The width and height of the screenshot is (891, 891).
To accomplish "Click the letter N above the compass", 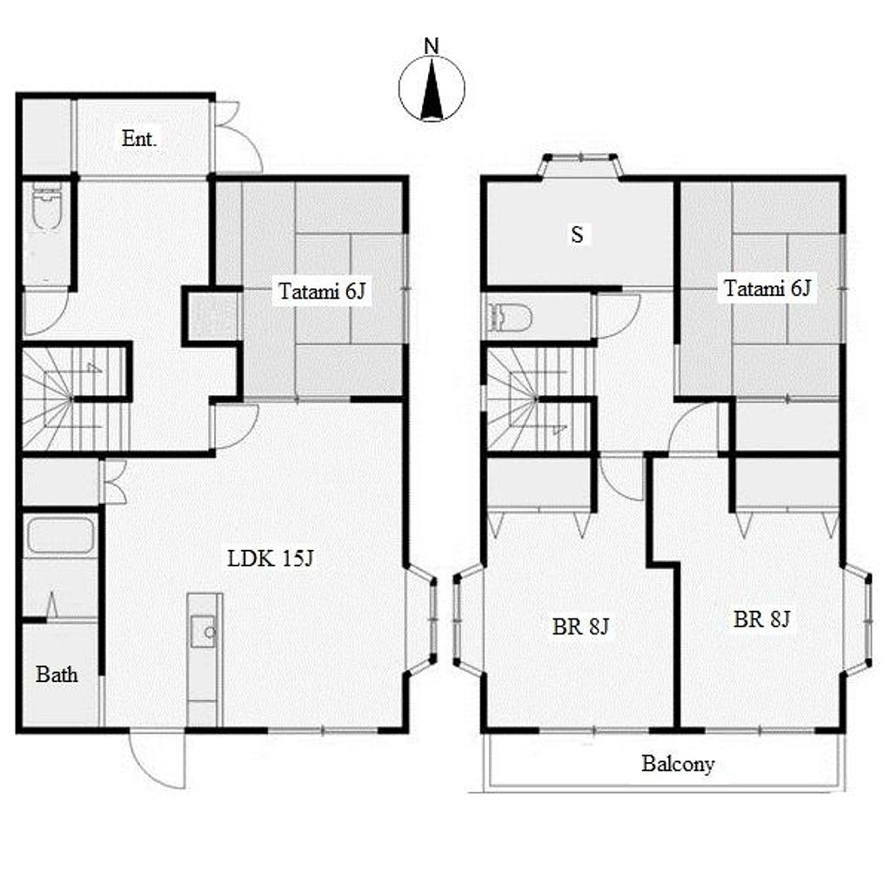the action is coord(432,46).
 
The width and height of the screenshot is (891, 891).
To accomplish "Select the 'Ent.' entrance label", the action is coord(139,138).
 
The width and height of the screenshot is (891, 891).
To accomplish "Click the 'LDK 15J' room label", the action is coord(271,559).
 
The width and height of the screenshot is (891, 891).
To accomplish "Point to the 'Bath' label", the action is coord(57,674).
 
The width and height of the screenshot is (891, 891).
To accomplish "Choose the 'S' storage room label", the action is coord(577,234).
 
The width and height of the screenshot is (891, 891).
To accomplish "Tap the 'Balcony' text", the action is coord(678,764).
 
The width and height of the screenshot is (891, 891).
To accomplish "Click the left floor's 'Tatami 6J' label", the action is coord(322,291).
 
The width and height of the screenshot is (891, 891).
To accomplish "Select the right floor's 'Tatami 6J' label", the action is coord(767,288).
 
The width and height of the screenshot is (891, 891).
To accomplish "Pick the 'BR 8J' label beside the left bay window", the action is coord(580,626).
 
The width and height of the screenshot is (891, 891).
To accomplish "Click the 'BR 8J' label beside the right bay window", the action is coord(761,619).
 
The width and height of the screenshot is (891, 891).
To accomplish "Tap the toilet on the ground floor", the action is coord(47,207).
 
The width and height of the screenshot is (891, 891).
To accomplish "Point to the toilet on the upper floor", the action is coord(510,317).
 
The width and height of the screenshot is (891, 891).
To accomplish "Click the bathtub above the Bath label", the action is coord(60,535).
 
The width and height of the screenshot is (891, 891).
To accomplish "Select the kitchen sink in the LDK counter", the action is coord(203,632).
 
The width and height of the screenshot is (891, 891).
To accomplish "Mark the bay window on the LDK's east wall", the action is coord(422,620).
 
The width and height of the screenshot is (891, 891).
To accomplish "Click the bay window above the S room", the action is coord(580,165).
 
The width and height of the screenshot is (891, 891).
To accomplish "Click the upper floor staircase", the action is coord(537,399).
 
